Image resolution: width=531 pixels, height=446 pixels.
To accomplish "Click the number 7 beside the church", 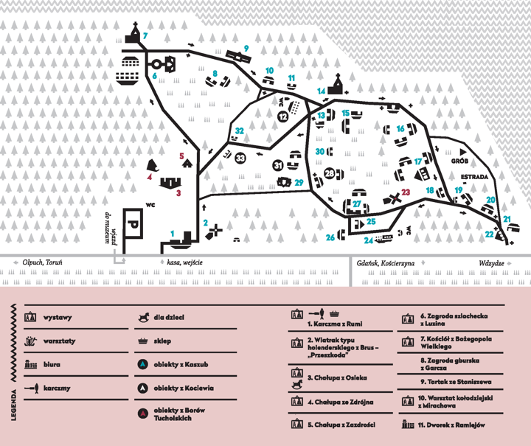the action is tap(145, 35).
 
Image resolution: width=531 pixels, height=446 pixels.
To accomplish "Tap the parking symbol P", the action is tap(133, 223).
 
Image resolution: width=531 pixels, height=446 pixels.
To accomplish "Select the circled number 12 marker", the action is tap(282, 116).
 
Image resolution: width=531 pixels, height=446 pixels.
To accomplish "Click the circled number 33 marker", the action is tap(240, 158).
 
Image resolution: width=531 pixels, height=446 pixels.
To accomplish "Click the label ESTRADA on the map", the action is tap(474, 177).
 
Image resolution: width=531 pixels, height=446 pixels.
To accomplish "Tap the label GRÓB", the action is tap(459, 161).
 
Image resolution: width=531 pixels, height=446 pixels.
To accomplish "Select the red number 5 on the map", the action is tap(181, 156).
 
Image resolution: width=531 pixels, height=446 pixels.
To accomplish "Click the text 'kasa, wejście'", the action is tap(184, 262).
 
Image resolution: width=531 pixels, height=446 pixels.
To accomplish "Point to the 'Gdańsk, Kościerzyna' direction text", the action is tap(386, 263).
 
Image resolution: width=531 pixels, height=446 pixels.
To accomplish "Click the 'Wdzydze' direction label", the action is tap(491, 263).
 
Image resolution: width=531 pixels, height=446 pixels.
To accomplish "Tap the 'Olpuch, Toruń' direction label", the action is tap(42, 262).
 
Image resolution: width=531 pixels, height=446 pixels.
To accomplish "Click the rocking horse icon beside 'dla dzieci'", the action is tap(144, 317).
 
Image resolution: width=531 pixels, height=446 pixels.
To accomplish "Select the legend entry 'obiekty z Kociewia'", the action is tap(184, 388).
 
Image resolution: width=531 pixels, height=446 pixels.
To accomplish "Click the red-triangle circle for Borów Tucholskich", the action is tap(143, 414).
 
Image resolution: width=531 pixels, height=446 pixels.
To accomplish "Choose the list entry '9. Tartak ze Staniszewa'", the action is tap(456, 382).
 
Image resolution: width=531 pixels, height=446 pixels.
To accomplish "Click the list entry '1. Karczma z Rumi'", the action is tap(335, 324).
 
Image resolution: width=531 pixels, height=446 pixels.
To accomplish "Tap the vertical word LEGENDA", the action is tap(13, 405).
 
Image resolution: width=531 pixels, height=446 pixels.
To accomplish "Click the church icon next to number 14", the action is tap(337, 85).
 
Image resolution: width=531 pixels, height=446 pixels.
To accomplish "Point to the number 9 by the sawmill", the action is tap(246, 49).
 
